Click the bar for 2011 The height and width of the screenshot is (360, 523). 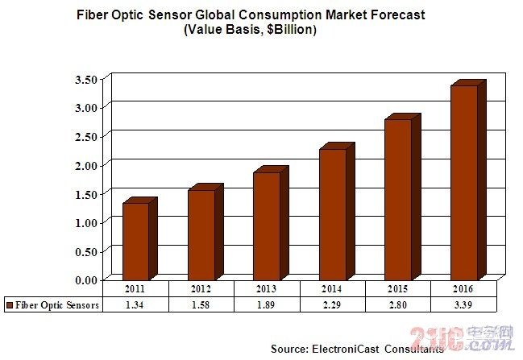(135, 240)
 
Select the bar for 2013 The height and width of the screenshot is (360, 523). (267, 226)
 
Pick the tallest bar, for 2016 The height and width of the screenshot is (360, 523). (463, 181)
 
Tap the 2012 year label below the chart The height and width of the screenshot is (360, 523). (201, 289)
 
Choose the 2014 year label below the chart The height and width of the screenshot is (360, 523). (332, 289)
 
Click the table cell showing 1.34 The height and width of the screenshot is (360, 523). (136, 304)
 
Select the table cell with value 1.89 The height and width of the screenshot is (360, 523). (267, 304)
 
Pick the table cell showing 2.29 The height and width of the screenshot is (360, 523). (332, 304)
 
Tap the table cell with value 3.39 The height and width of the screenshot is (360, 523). (463, 304)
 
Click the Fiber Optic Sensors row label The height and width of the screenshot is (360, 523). (57, 304)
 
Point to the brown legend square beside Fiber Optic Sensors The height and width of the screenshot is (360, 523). (9, 305)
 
